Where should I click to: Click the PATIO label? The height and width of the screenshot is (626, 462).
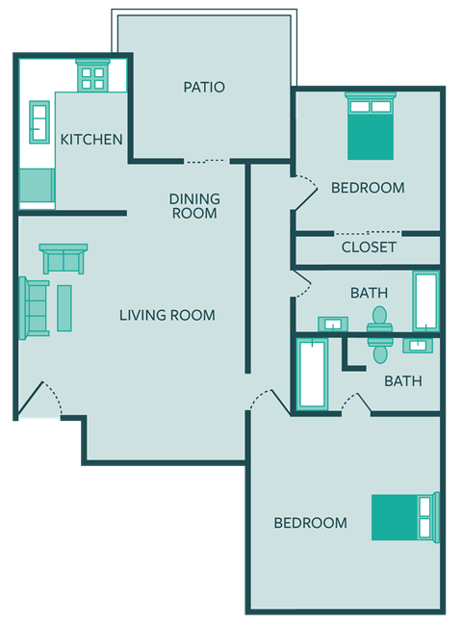tap(204, 88)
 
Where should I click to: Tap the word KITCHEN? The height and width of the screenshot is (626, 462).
tap(91, 140)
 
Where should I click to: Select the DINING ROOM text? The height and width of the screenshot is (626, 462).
tap(194, 206)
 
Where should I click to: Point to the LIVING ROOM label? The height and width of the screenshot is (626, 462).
tap(167, 315)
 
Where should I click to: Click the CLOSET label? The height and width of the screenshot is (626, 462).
tap(369, 248)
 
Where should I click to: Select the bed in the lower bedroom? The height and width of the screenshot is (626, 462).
tap(405, 517)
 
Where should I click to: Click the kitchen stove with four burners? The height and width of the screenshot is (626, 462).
tap(93, 76)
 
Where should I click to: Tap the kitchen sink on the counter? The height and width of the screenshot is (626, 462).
tap(40, 122)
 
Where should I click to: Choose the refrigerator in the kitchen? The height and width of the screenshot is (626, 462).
tap(37, 184)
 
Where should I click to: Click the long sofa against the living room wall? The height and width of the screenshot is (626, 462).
tap(35, 307)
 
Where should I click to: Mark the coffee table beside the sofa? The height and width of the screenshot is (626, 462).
tap(64, 308)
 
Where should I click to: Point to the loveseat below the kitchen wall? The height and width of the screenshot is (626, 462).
tap(64, 259)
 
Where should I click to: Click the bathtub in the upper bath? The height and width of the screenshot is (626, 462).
tap(425, 301)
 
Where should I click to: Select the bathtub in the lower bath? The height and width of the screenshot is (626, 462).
tap(313, 373)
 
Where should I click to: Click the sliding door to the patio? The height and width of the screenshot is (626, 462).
tap(207, 161)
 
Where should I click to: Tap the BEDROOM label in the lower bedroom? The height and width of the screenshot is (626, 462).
tap(310, 523)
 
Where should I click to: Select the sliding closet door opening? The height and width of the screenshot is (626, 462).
tap(369, 233)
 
